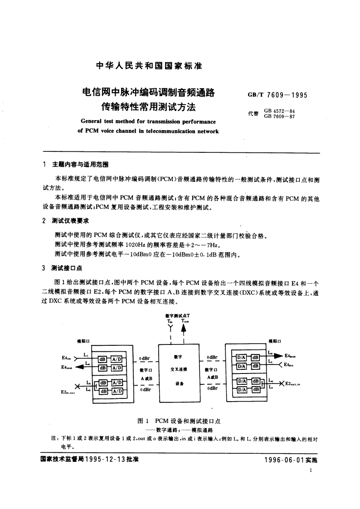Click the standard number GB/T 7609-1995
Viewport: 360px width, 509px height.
(277, 95)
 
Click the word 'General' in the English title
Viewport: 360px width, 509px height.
(92, 122)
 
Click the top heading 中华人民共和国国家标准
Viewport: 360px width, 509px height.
(149, 66)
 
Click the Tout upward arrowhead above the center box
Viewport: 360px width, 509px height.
(184, 330)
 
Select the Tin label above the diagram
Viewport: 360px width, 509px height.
(170, 320)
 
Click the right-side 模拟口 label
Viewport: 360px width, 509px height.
(274, 341)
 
